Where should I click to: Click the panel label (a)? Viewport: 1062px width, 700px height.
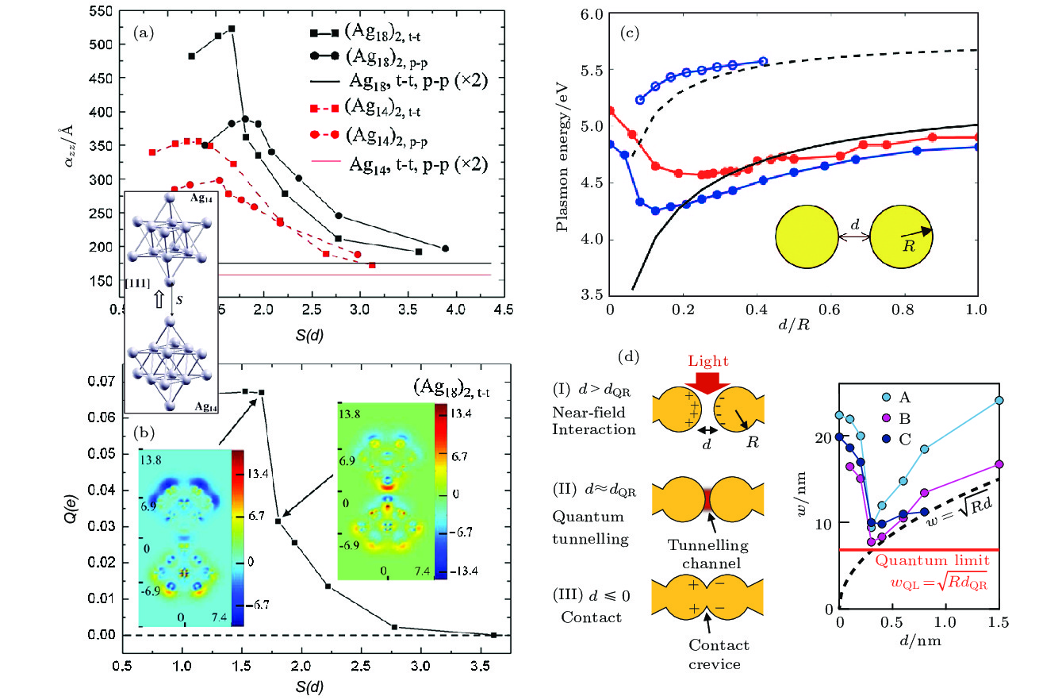(142, 33)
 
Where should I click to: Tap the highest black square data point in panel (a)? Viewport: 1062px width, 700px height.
(232, 29)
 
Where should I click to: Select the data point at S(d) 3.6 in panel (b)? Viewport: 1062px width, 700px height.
(493, 635)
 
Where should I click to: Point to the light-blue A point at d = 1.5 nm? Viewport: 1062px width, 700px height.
(999, 400)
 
